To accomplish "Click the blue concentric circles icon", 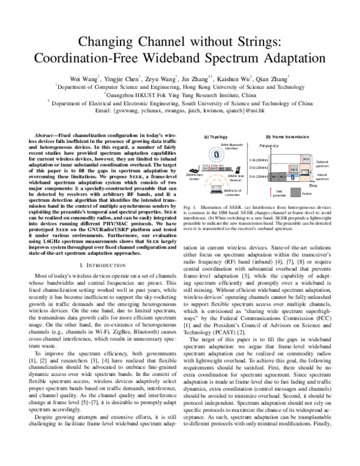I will click(x=216, y=154).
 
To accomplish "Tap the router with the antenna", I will click(x=194, y=170).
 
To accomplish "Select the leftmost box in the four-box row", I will click(x=205, y=169).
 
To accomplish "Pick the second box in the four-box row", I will click(x=213, y=169).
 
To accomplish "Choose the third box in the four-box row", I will click(x=221, y=169).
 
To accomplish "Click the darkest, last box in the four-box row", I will click(x=228, y=169).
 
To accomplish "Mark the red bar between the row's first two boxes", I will click(x=209, y=168).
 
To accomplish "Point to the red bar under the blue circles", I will click(x=217, y=168).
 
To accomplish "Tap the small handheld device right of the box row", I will click(x=238, y=169).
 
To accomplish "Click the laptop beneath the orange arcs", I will click(x=216, y=190).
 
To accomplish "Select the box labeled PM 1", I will click(x=275, y=177).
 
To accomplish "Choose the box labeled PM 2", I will click(x=283, y=177).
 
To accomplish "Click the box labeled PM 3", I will click(x=294, y=169).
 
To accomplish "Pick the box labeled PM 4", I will click(x=306, y=159).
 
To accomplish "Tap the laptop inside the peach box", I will click(x=305, y=172).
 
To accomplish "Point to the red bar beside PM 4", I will click(x=301, y=159).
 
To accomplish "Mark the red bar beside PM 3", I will click(x=289, y=168).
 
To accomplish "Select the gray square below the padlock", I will click(x=296, y=192).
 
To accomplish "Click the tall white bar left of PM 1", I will click(x=269, y=167).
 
